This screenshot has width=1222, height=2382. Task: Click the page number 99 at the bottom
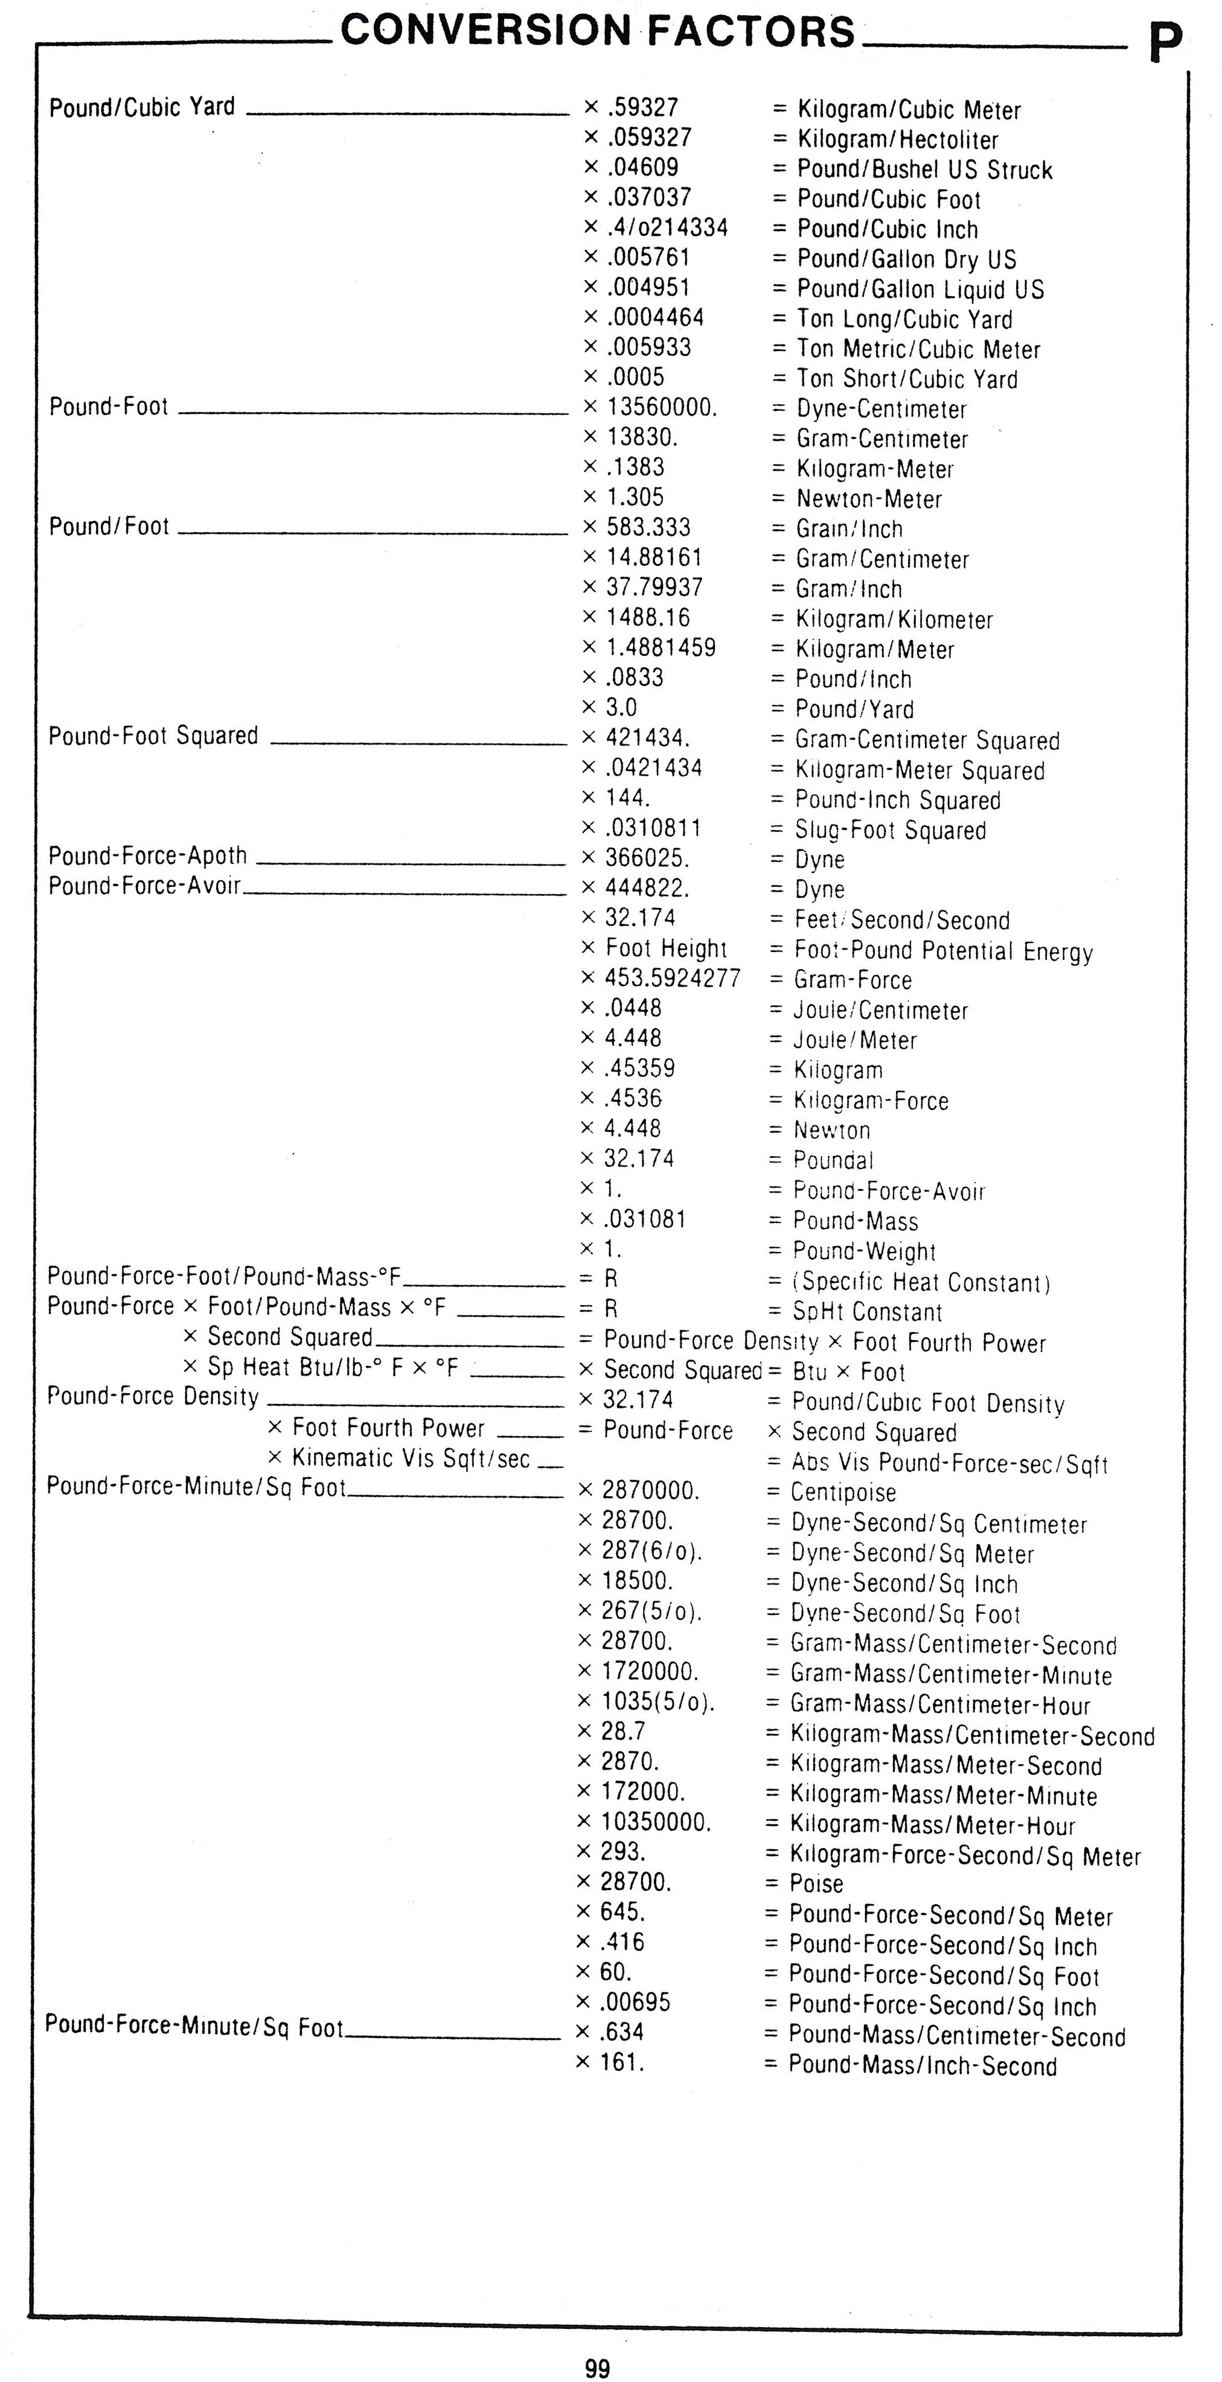[598, 2361]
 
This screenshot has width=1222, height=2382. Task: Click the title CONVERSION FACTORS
[598, 31]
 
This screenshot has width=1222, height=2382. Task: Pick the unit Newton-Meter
[869, 500]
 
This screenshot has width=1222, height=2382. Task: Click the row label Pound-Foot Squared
[153, 736]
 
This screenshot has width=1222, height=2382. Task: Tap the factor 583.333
[648, 527]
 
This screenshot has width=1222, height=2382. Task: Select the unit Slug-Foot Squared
[890, 830]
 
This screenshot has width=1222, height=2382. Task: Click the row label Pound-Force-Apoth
[147, 856]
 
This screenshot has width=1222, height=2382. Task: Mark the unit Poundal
[833, 1160]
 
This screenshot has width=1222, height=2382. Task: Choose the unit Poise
[816, 1882]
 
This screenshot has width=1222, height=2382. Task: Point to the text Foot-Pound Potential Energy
[944, 951]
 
